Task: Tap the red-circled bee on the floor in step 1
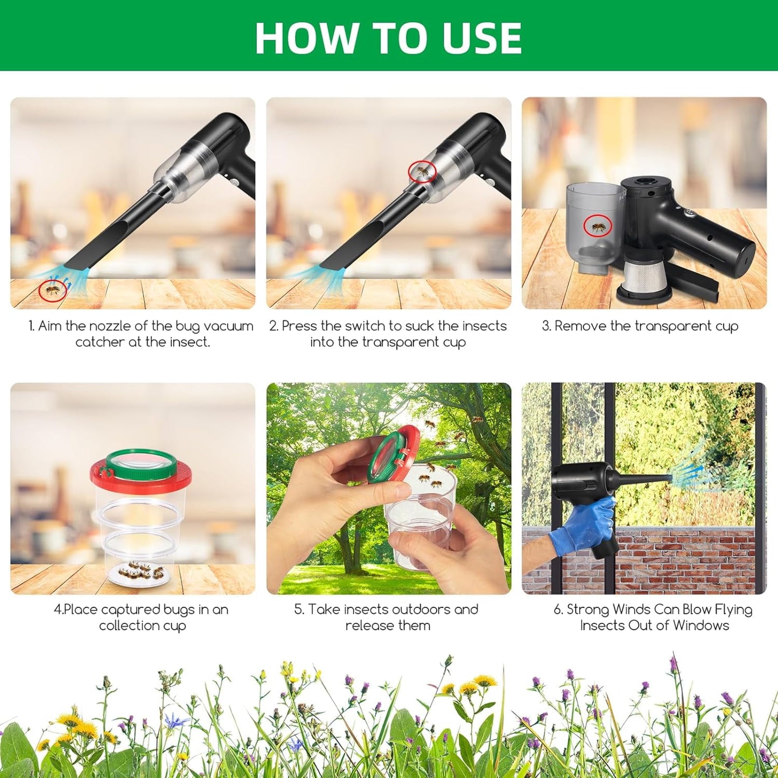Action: pos(52,291)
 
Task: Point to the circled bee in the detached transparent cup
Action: pos(598,226)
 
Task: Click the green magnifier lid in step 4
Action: pos(141,462)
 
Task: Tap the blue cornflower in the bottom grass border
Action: pos(175,720)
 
